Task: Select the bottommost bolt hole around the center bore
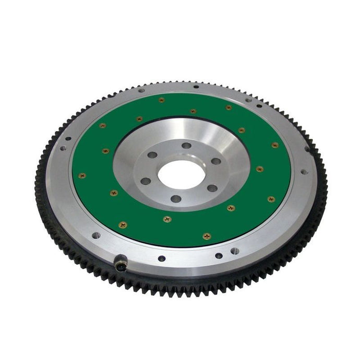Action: [x=176, y=198]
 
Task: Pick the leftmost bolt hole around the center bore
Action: [x=146, y=181]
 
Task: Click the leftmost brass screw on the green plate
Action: [x=82, y=175]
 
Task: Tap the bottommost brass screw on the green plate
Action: [x=207, y=236]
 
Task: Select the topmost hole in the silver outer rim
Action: [x=195, y=87]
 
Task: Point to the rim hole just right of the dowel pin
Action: [x=162, y=258]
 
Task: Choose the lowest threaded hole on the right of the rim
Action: [x=235, y=251]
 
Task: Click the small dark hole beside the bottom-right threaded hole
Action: [x=219, y=256]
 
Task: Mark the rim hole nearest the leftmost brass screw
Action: [x=63, y=148]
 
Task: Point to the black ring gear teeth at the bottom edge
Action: [x=183, y=287]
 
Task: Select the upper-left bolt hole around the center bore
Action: [x=152, y=155]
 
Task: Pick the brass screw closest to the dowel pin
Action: [x=123, y=225]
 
